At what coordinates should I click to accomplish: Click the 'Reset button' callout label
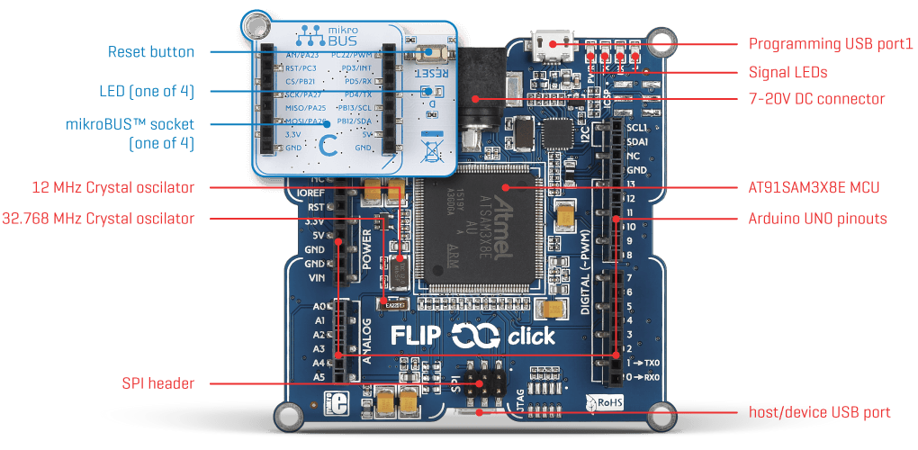[150, 52]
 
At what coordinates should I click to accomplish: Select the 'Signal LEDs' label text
[787, 71]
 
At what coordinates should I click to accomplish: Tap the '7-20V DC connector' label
[816, 99]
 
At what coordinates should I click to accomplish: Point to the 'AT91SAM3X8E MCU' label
[814, 187]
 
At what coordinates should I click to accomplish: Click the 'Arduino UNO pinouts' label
[817, 218]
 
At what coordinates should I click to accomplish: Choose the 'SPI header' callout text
[157, 383]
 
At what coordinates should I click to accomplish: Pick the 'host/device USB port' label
[819, 412]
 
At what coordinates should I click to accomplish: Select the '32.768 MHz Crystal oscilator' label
[98, 218]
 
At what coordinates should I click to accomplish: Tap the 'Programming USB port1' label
[831, 43]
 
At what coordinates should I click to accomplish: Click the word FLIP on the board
[417, 336]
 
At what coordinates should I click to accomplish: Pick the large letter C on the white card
[329, 144]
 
